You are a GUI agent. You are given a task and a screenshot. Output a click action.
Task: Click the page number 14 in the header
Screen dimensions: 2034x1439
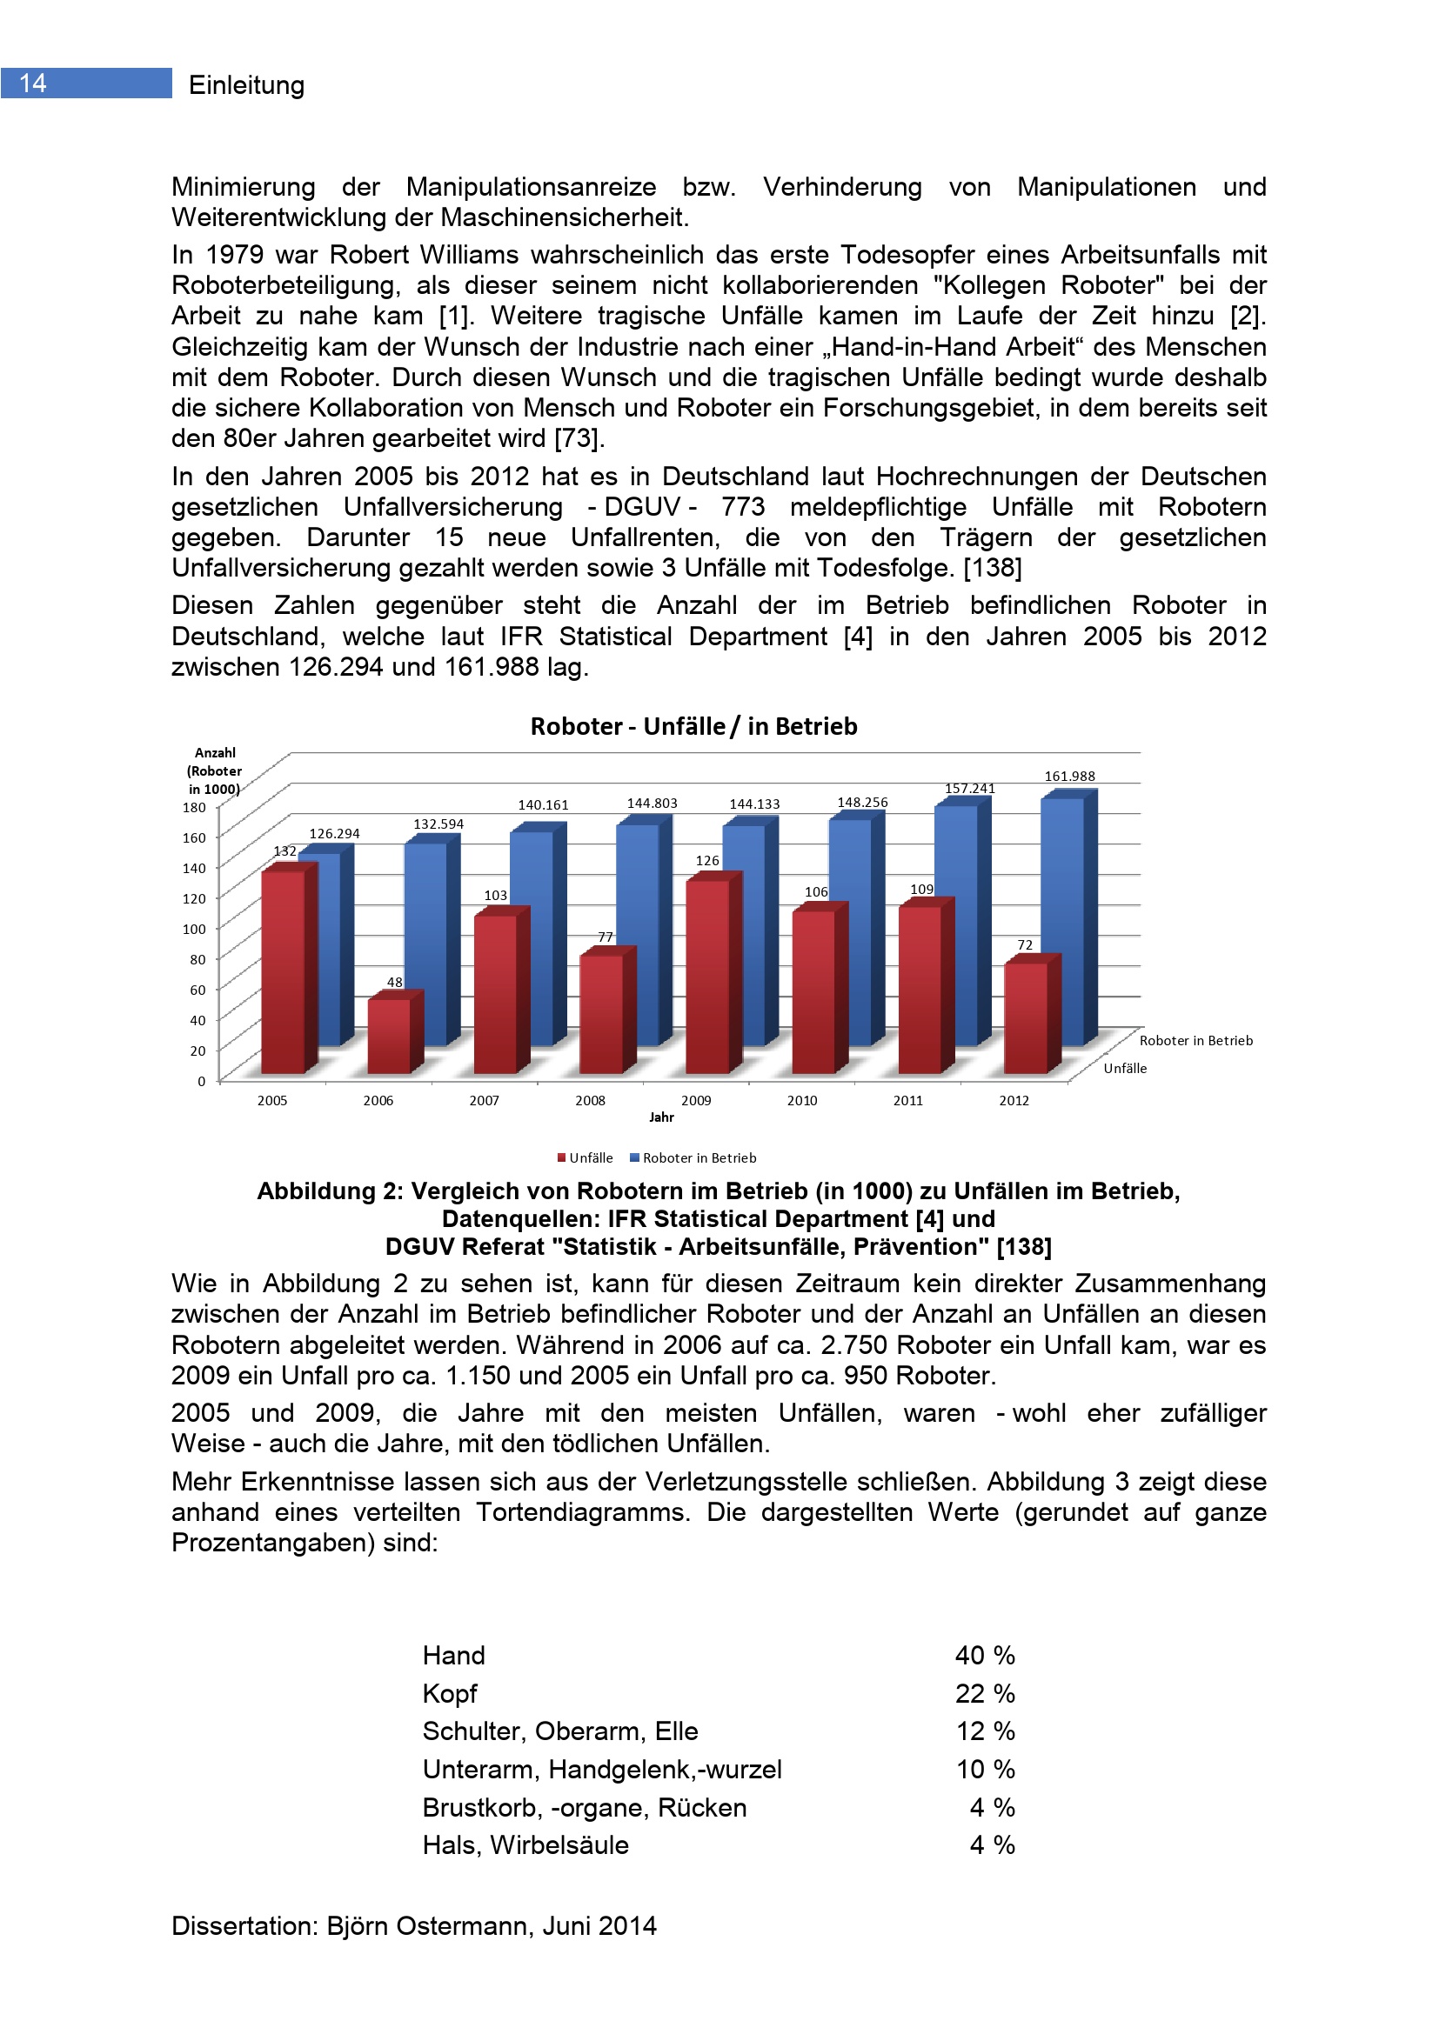(x=33, y=83)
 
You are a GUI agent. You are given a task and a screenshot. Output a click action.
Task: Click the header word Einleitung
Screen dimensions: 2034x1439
(x=246, y=85)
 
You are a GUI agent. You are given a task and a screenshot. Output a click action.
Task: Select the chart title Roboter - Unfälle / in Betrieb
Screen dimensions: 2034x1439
(x=693, y=726)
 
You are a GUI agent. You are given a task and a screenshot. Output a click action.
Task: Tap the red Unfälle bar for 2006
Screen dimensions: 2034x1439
(x=389, y=1036)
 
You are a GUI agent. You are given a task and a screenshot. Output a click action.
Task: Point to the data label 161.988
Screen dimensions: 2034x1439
(x=1069, y=776)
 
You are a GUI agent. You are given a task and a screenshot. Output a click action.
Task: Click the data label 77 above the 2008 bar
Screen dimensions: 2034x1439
(x=606, y=937)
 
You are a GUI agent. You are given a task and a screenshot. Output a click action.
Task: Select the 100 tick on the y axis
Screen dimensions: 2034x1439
(x=194, y=929)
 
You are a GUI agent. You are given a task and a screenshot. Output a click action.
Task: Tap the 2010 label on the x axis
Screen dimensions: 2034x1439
(x=802, y=1100)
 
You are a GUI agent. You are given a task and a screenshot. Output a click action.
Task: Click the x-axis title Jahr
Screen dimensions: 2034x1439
(x=661, y=1117)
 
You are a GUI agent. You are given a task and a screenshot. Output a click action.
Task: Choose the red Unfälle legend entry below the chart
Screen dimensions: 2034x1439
(x=585, y=1157)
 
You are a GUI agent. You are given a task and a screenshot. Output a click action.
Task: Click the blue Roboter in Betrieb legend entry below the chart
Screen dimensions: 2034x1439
(x=693, y=1157)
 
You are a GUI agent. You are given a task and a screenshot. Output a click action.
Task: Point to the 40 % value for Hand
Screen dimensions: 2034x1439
(x=985, y=1655)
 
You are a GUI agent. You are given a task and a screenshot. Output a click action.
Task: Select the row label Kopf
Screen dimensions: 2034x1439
(x=449, y=1693)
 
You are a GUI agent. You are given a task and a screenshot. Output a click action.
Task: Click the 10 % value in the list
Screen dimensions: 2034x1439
(x=985, y=1769)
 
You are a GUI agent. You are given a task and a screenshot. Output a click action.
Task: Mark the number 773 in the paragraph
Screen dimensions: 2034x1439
(x=742, y=507)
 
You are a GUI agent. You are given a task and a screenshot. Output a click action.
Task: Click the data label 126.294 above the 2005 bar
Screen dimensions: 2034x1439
(x=334, y=834)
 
